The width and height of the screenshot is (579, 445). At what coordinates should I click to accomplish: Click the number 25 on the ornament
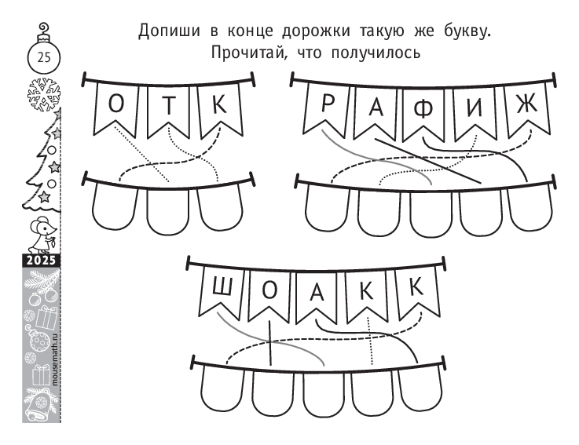click(x=43, y=57)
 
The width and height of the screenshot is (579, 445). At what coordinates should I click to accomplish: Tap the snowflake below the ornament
click(x=44, y=94)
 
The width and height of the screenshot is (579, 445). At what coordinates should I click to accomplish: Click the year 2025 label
click(x=41, y=261)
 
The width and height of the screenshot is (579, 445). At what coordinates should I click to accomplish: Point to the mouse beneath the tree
click(x=42, y=235)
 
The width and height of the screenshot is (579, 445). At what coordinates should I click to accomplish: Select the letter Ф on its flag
click(x=423, y=109)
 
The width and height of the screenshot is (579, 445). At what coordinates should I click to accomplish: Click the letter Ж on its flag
click(x=526, y=104)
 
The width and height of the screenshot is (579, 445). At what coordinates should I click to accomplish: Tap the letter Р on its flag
click(x=328, y=103)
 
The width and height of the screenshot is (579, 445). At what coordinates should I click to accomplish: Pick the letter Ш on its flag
click(x=222, y=286)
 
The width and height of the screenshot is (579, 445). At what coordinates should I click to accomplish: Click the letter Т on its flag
click(x=170, y=105)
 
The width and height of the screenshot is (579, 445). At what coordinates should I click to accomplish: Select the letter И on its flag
click(x=475, y=108)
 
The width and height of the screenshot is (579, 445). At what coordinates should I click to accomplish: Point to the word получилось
click(x=376, y=53)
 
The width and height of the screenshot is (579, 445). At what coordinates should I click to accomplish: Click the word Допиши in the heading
click(x=169, y=31)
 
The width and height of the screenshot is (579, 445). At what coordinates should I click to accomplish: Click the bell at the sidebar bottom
click(x=38, y=405)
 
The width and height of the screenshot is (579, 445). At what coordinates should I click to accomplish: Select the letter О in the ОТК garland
click(x=116, y=104)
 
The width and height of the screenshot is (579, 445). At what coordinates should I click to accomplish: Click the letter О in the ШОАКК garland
click(x=269, y=290)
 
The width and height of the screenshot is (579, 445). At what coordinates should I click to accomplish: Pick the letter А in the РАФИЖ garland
click(x=376, y=108)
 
